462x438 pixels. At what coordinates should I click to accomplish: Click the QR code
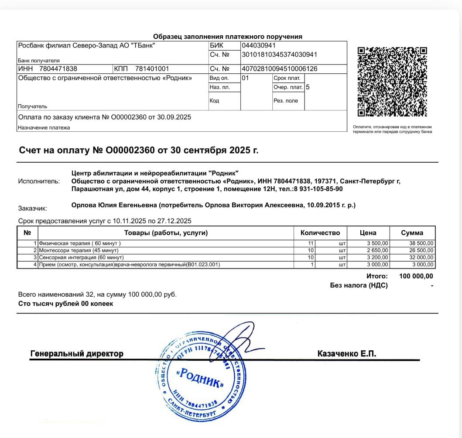pos(392,82)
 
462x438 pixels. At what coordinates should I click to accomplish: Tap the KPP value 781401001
pos(152,68)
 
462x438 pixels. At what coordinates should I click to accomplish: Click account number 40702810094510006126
pos(279,68)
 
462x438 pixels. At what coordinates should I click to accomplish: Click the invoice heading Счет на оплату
pos(139,151)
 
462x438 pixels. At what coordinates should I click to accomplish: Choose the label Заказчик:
pos(33,209)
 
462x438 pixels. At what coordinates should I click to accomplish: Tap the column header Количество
pos(323,233)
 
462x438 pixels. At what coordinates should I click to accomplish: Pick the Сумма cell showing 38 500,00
pos(421,243)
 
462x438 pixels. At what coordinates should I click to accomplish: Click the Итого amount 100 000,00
pos(416,277)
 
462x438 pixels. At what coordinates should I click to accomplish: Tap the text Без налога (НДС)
pos(359,286)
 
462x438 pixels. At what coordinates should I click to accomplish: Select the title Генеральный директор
pos(77,353)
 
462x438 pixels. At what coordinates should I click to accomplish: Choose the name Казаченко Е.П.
pos(346,353)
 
